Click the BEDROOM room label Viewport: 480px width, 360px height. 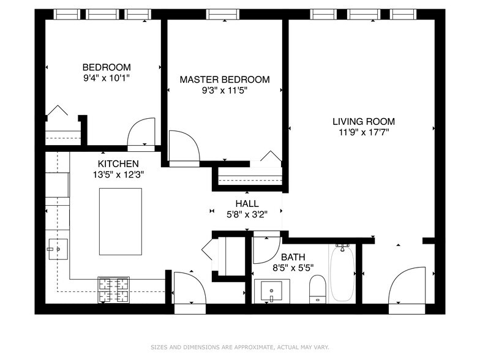tap(107, 67)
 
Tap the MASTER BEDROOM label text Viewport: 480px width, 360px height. tap(225, 80)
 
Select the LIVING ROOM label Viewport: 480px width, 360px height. tap(364, 121)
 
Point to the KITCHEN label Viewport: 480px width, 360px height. tap(118, 163)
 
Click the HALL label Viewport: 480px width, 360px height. tap(247, 203)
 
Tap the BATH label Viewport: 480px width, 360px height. tap(293, 257)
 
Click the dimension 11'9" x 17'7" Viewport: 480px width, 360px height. tap(364, 132)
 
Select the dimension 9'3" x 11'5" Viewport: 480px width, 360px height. tap(225, 91)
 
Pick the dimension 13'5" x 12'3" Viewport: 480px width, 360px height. tap(119, 174)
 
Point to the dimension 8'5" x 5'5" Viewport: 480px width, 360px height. tap(293, 268)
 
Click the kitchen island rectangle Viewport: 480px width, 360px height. tap(121, 222)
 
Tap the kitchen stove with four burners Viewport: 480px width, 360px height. tap(114, 290)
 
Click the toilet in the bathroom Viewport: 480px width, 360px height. tap(317, 289)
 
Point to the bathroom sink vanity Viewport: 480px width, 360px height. tap(272, 291)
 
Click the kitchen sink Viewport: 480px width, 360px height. tap(58, 249)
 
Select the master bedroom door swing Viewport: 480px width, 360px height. tap(184, 146)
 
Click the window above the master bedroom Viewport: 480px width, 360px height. tap(223, 14)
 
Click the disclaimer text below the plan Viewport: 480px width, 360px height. tap(240, 347)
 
